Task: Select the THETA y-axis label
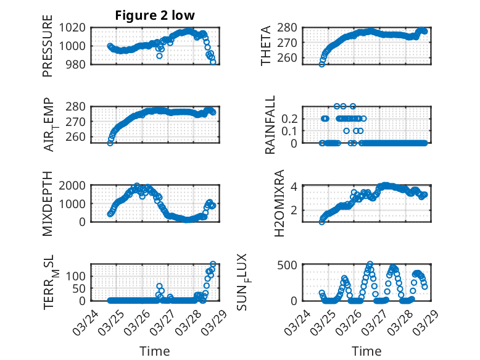[x=266, y=45]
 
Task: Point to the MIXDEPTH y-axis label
[x=48, y=204]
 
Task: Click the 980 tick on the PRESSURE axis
[x=78, y=64]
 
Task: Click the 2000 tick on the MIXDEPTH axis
[x=75, y=185]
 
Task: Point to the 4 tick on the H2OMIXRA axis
[x=296, y=186]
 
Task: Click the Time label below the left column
[x=155, y=351]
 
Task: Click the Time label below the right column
[x=366, y=351]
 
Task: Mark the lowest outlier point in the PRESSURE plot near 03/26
[x=159, y=56]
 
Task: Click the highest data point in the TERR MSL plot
[x=213, y=264]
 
